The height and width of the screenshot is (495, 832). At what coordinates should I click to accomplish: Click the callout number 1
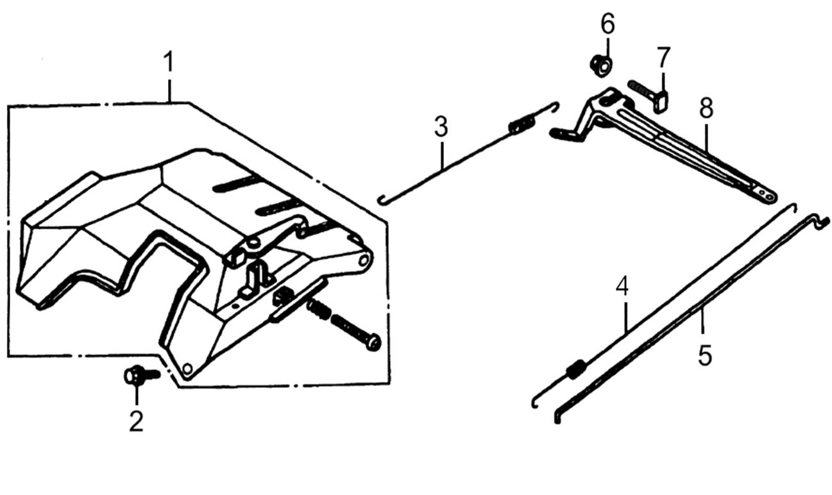pos(168,64)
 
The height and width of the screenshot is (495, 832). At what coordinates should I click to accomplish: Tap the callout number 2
pos(135,421)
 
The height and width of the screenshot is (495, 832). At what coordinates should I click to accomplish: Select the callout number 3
pos(441,127)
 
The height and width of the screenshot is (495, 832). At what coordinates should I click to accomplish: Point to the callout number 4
pos(622,287)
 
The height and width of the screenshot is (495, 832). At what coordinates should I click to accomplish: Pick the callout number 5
pos(705,355)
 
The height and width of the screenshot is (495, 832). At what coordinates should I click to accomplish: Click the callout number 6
pos(607,25)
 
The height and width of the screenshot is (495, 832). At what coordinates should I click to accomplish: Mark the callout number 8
pos(706,109)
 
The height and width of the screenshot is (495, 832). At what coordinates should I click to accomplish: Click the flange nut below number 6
pos(600,64)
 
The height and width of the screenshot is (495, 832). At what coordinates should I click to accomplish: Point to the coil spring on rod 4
pos(576,370)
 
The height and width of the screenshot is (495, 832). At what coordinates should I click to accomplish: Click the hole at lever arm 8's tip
pos(763,190)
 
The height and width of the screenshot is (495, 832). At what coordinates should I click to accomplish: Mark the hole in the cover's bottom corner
pos(187,369)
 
